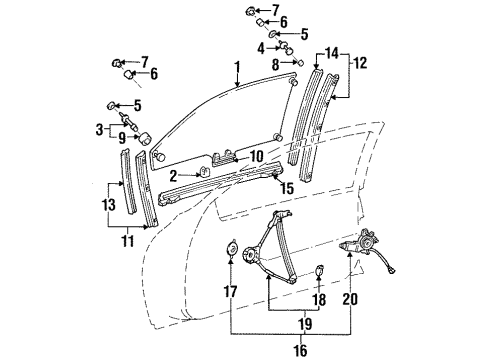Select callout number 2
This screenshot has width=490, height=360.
click(173, 175)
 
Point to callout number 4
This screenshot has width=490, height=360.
click(260, 47)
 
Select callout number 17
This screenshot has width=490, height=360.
click(232, 293)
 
